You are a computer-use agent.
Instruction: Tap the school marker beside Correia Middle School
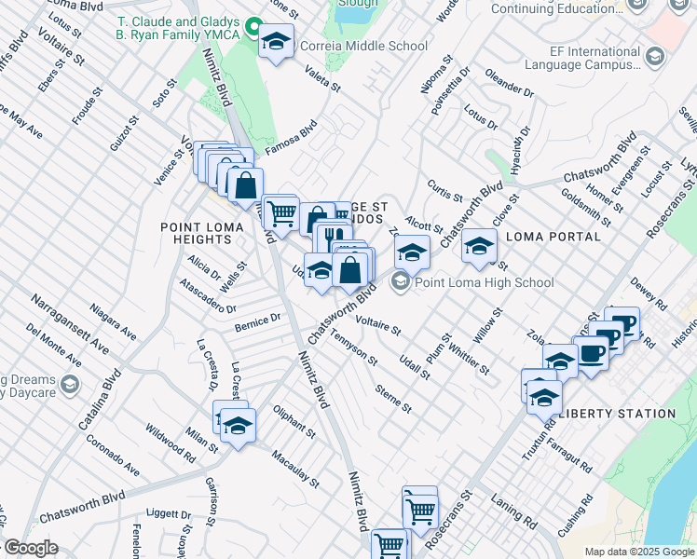pos(276,41)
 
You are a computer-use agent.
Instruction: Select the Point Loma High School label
pos(485,282)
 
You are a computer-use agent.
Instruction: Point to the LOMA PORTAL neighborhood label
pos(553,237)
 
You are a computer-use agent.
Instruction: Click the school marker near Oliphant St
pos(239,427)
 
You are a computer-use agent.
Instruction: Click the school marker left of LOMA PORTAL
pos(480,246)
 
